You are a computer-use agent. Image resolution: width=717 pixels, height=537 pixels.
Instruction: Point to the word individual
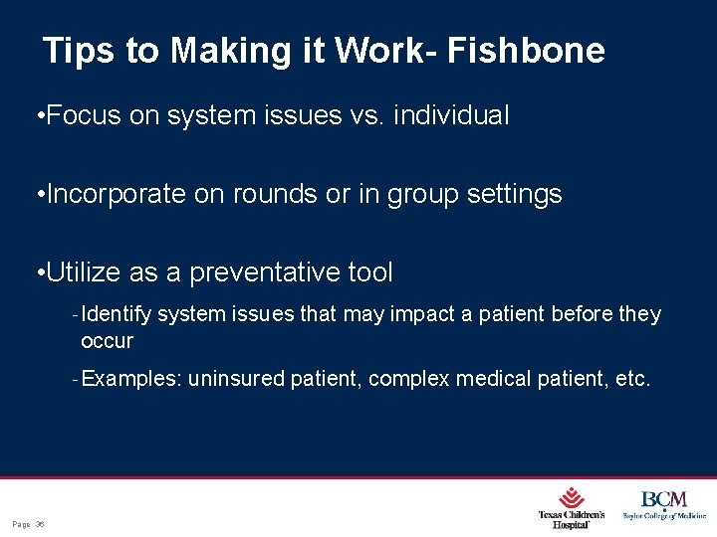coord(451,116)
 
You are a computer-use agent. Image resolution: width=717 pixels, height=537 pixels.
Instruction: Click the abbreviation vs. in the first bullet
coord(362,116)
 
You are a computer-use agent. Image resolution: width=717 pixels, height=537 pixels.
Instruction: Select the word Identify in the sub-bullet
coord(118,314)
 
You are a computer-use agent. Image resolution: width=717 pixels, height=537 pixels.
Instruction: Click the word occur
coord(107,341)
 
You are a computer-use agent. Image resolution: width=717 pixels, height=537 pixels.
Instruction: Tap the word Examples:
coord(132,379)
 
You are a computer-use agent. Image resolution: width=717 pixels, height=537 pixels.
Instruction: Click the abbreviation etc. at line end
coord(632,379)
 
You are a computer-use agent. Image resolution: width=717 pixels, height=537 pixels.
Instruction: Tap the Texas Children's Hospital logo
coord(572,507)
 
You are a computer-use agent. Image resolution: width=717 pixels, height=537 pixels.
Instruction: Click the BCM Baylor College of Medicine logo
coord(664,505)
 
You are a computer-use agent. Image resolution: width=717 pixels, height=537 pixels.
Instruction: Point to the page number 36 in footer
coord(40,524)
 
